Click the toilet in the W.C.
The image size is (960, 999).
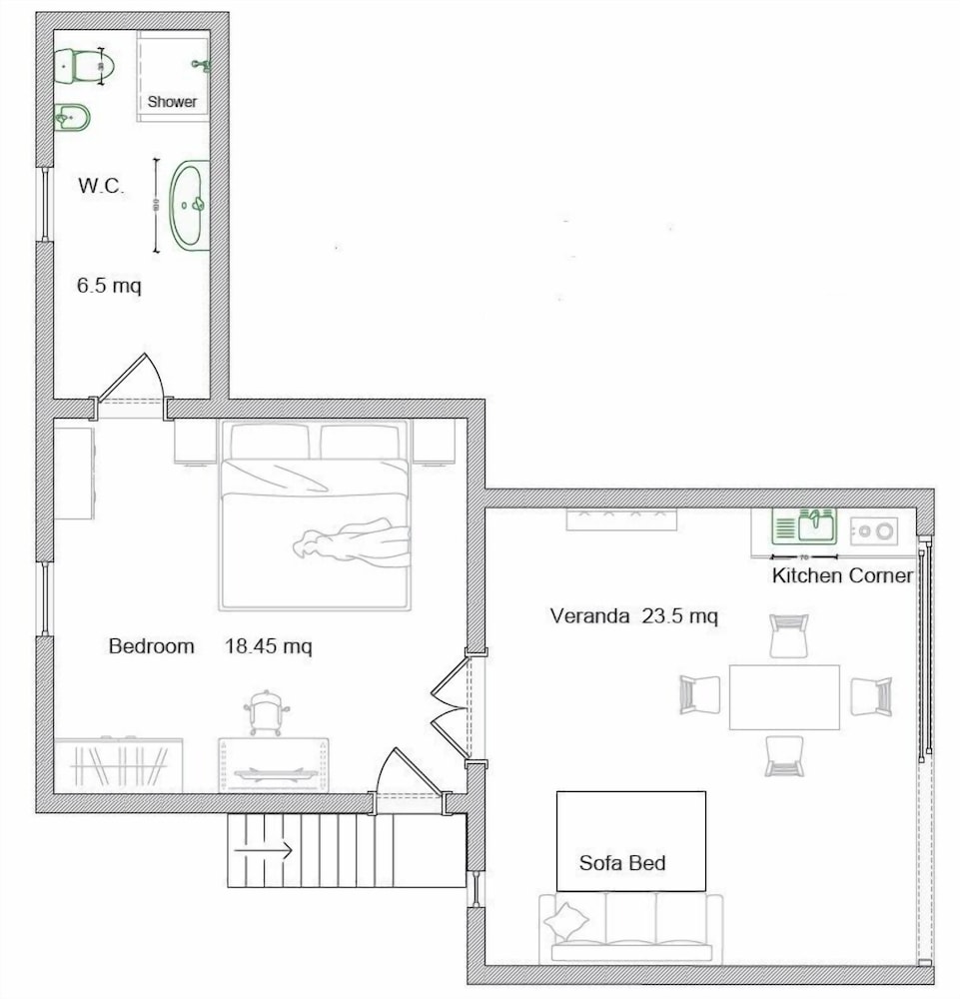(x=85, y=67)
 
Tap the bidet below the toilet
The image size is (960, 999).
(x=72, y=120)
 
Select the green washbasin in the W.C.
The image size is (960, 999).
(x=190, y=206)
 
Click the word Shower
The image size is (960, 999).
(x=173, y=102)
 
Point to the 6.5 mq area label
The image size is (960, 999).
(x=109, y=286)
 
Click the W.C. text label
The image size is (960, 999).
(x=101, y=186)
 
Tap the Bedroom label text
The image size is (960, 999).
(x=151, y=646)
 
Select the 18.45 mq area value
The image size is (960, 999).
(x=268, y=646)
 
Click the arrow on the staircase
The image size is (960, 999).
(x=262, y=851)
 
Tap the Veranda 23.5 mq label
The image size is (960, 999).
(x=633, y=615)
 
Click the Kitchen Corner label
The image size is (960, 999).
(x=842, y=576)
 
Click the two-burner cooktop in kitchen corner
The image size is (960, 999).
(x=874, y=530)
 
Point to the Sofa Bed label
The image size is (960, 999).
(x=622, y=862)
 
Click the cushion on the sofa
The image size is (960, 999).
(x=569, y=917)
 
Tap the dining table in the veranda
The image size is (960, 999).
(x=783, y=696)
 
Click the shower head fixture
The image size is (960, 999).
(x=200, y=65)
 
